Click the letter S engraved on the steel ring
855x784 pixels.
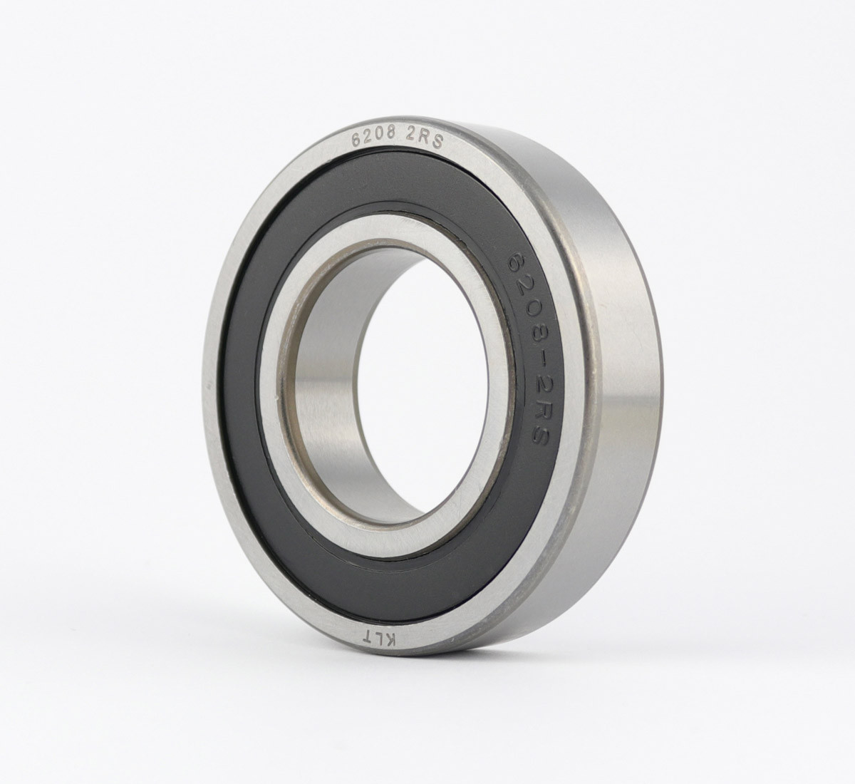[x=437, y=142]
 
